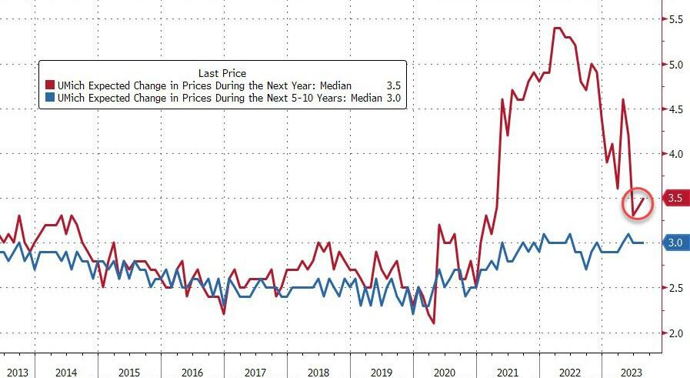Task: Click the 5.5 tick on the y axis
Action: click(x=676, y=18)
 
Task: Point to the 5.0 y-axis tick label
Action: click(x=676, y=64)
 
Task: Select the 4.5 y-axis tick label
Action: click(x=676, y=109)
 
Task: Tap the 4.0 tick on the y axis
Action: click(x=676, y=154)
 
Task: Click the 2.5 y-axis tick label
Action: click(x=676, y=288)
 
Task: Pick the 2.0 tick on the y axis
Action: click(x=676, y=333)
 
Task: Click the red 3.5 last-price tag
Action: click(x=676, y=199)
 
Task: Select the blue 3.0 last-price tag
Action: click(x=676, y=243)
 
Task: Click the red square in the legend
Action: click(x=50, y=85)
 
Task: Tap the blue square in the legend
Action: click(x=50, y=98)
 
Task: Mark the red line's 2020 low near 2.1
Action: click(x=434, y=323)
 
